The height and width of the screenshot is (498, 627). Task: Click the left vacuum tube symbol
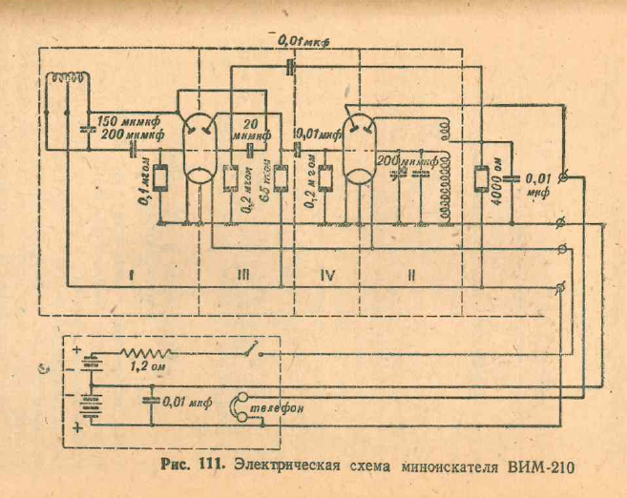[x=199, y=149]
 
